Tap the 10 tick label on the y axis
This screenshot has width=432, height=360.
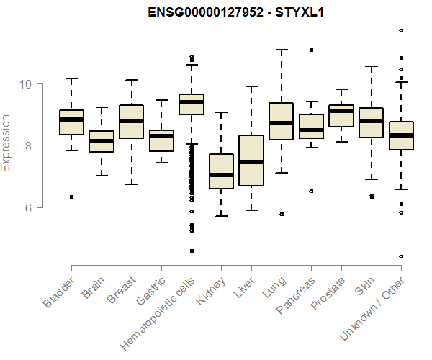(x=26, y=84)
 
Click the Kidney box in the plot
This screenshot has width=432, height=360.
(x=221, y=171)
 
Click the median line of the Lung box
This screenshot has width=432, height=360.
(x=281, y=123)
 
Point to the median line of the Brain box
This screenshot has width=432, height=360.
(x=102, y=141)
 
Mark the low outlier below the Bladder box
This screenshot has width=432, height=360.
(x=71, y=197)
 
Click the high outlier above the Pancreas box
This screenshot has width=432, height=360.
(x=311, y=50)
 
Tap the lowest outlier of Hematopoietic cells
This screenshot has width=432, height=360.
(x=192, y=251)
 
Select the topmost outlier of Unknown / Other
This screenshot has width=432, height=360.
(x=401, y=30)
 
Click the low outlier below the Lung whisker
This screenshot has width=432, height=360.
(x=281, y=214)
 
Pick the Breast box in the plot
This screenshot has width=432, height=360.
(x=131, y=122)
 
